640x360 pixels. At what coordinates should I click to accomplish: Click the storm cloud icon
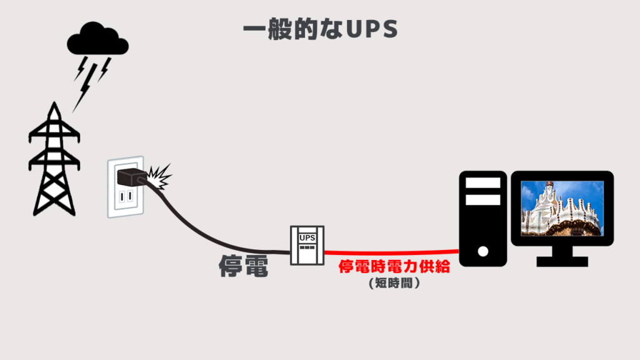click(x=97, y=40)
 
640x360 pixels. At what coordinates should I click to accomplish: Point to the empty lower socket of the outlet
click(x=126, y=198)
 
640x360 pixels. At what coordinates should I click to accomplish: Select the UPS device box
click(x=307, y=245)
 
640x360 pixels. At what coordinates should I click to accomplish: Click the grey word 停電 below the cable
click(x=243, y=267)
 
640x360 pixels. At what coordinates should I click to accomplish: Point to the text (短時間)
click(x=394, y=283)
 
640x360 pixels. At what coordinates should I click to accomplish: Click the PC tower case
click(x=482, y=219)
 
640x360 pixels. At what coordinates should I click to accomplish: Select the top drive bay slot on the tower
click(x=483, y=183)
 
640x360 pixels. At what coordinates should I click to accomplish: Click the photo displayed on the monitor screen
click(x=561, y=208)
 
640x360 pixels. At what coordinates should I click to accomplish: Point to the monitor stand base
click(x=562, y=260)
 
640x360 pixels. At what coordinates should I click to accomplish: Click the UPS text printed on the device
click(x=307, y=237)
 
